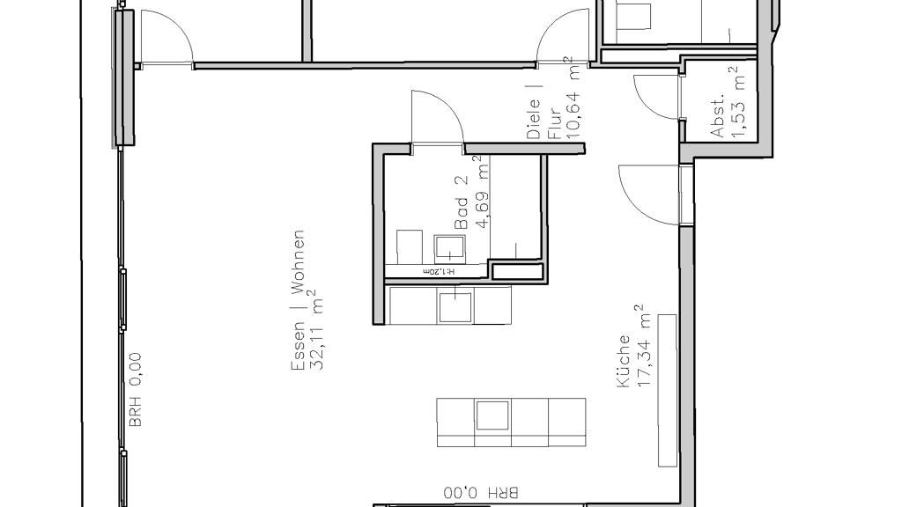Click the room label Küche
624,362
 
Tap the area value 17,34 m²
643,345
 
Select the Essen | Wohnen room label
298,300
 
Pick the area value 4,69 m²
482,192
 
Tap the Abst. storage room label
717,115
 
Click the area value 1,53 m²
737,103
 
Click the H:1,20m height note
439,271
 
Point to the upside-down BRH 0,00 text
481,493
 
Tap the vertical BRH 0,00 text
135,390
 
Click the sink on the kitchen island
492,415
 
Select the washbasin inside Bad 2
449,248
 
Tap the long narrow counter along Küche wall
668,391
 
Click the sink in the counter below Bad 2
455,306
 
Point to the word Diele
534,119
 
